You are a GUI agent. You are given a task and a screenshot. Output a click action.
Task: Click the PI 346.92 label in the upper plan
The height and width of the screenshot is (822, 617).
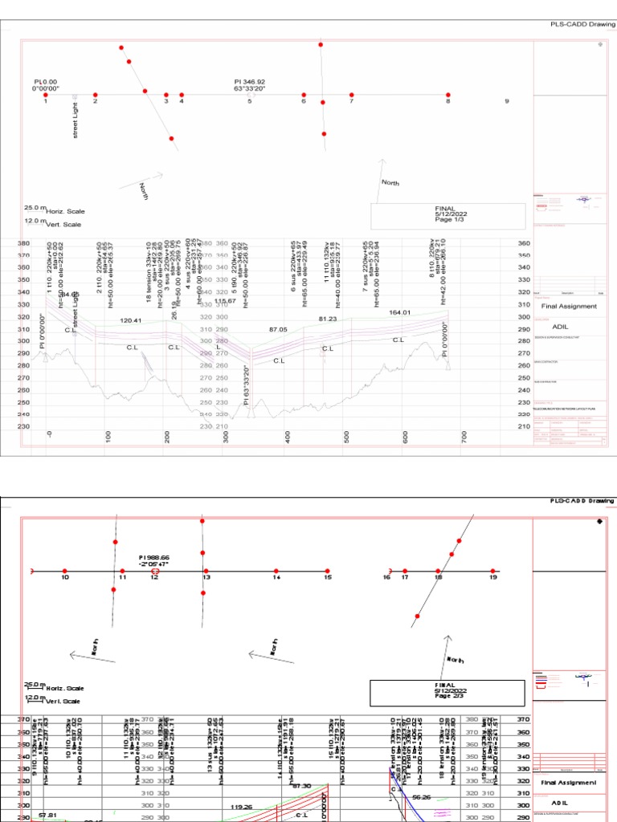click(x=250, y=81)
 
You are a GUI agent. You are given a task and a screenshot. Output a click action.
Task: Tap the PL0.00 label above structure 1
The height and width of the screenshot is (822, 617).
click(x=46, y=81)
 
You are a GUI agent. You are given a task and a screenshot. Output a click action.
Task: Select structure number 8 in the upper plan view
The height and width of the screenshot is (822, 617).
click(x=448, y=102)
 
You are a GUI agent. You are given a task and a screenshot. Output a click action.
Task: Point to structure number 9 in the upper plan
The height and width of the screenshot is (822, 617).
click(x=506, y=102)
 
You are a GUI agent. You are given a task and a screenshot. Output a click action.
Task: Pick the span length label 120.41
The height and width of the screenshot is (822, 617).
click(x=131, y=320)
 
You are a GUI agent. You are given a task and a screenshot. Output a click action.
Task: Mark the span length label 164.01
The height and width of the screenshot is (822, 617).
click(x=399, y=312)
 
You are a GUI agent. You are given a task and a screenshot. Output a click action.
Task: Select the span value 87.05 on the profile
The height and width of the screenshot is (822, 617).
click(x=279, y=329)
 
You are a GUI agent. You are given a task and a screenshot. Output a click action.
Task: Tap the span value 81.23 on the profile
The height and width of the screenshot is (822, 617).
click(x=328, y=319)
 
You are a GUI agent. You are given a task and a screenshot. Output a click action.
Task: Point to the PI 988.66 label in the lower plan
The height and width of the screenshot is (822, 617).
click(x=154, y=556)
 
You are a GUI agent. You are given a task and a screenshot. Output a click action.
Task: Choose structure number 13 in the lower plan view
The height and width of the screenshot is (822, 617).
click(x=206, y=578)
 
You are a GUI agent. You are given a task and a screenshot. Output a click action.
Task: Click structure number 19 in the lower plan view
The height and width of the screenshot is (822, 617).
click(x=493, y=577)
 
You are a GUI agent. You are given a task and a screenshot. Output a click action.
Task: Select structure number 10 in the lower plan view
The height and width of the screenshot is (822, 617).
click(x=65, y=577)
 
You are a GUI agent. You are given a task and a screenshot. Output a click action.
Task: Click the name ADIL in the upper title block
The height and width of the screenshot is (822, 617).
click(x=561, y=328)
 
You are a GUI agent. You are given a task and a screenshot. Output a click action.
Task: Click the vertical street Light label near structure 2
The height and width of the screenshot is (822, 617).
click(x=76, y=120)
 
